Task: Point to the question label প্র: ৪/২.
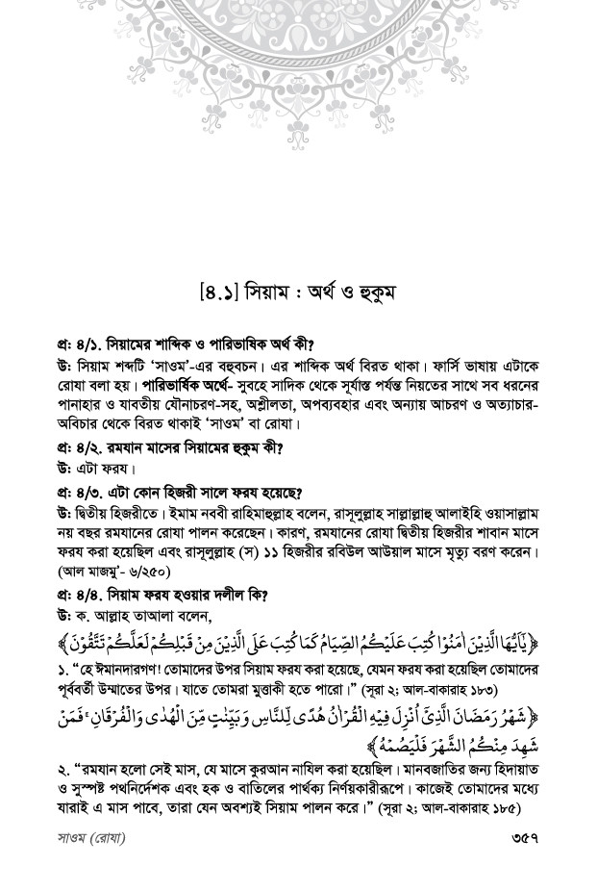coord(81,446)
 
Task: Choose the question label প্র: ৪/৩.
coord(81,488)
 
